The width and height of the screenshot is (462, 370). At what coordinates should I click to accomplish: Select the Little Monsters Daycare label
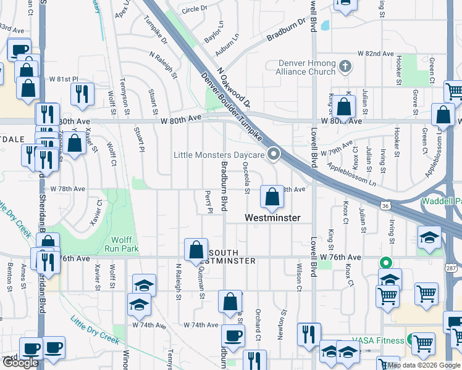coord(219,155)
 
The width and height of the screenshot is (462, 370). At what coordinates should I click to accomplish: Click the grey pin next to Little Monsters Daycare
coord(274,155)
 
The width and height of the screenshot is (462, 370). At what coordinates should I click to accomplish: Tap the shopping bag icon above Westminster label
coord(272,197)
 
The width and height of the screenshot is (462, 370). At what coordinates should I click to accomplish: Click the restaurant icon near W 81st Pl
coord(82,94)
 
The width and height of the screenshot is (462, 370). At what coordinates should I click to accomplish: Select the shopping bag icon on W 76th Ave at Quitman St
coord(196,250)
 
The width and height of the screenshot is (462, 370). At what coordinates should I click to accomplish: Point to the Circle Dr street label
coord(195,9)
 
